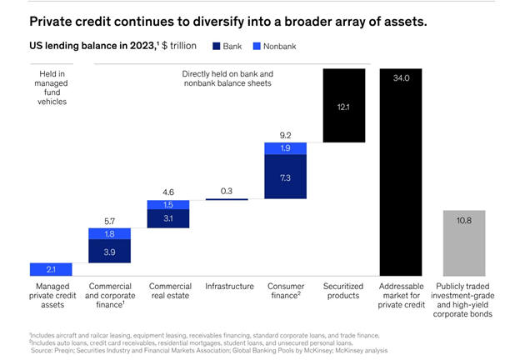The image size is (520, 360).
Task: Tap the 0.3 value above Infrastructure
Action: click(x=227, y=191)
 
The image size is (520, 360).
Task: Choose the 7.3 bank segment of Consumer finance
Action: click(x=285, y=177)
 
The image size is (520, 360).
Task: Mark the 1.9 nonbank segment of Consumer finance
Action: click(x=285, y=148)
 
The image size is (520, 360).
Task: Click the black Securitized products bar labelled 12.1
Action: click(x=343, y=106)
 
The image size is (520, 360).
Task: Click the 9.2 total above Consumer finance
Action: click(x=285, y=135)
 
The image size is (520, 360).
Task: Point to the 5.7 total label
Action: click(x=109, y=221)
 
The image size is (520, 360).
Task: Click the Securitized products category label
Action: click(x=343, y=291)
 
